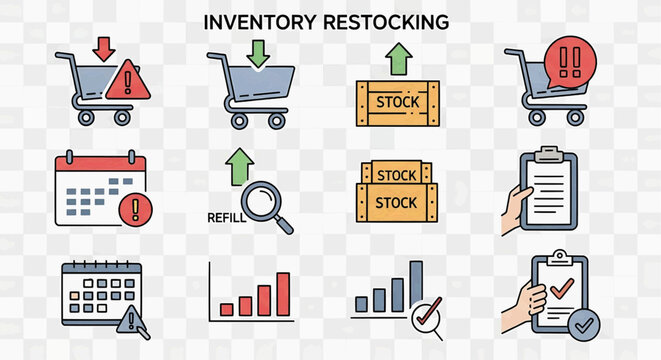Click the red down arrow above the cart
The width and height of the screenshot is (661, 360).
pos(103,47)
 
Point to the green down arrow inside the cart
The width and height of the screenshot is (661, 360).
pos(259,53)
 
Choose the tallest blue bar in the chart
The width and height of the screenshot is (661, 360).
pos(416,285)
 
